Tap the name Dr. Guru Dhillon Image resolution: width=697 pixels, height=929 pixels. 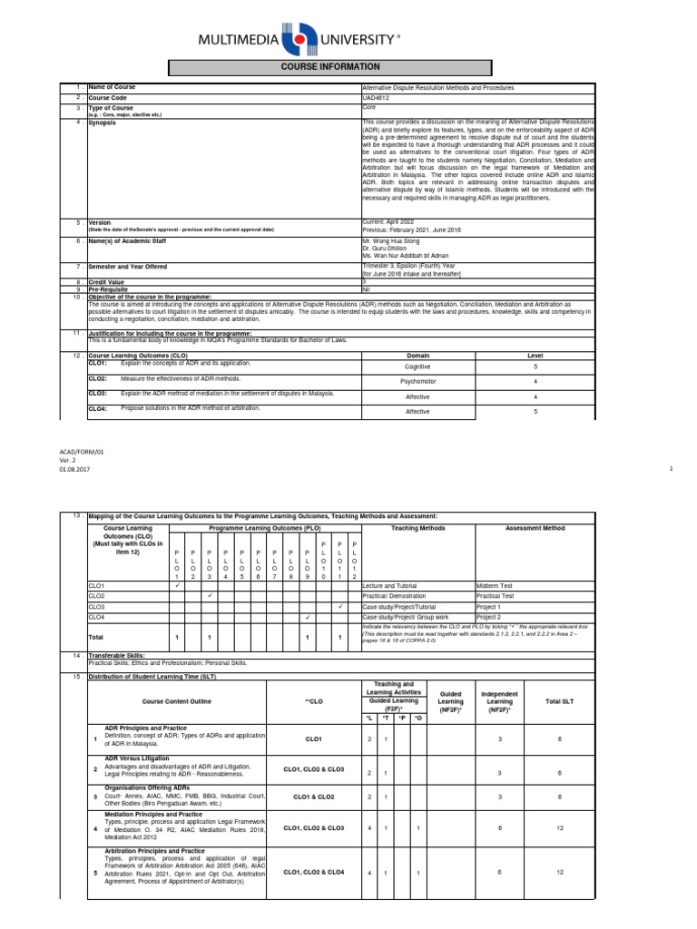coord(385,248)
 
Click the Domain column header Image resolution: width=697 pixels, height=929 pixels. coord(417,356)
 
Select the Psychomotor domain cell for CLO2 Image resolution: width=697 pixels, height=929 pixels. coord(417,382)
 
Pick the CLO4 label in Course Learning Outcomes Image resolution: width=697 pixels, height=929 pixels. coord(98,409)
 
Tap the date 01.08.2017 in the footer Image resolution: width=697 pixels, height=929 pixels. coord(74,468)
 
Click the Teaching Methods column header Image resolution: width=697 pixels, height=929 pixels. coord(417,527)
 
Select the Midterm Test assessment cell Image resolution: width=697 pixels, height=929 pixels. coord(495,586)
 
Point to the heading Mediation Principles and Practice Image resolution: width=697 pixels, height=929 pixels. coord(153,815)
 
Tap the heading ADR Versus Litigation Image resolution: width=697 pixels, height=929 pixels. coord(136,758)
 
